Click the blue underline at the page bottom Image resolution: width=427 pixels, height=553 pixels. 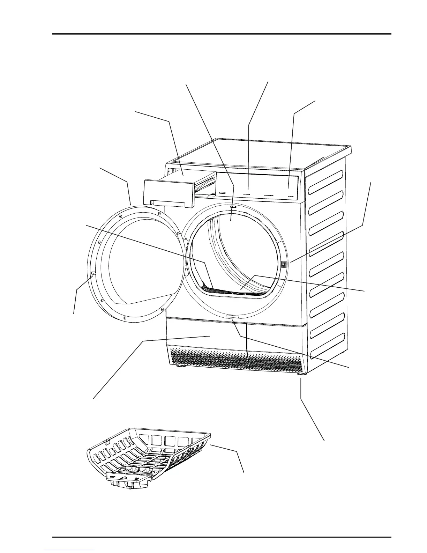pos(69,550)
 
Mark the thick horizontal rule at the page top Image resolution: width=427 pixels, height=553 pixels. pos(222,34)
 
